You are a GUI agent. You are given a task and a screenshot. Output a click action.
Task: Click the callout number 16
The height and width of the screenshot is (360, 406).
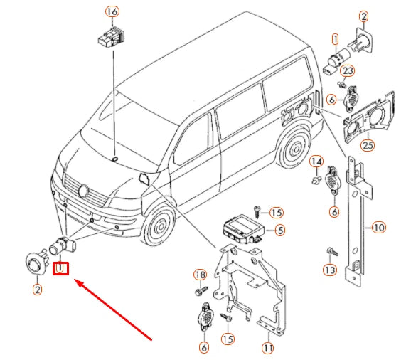coord(112,12)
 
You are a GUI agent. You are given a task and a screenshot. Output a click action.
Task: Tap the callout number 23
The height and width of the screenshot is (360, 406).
coord(348,70)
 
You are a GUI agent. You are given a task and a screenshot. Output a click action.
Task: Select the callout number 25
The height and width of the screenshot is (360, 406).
coord(368,145)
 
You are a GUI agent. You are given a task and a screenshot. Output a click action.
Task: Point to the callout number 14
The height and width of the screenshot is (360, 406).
coord(316,162)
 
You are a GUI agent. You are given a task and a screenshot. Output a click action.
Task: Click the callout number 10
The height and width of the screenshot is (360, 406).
coord(378,228)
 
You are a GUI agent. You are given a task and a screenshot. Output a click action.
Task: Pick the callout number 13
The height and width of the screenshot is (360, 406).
coord(330,270)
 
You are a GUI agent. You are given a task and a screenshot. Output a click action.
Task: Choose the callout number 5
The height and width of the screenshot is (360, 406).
coord(280,230)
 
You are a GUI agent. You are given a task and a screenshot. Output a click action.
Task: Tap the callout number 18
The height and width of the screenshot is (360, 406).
coord(200,275)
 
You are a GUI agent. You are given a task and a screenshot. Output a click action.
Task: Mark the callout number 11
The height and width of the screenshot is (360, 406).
coord(268,349)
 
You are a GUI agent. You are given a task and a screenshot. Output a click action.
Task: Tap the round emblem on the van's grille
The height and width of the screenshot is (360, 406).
coord(84,191)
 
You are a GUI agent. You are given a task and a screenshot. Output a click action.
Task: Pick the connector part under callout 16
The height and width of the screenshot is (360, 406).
coord(111,37)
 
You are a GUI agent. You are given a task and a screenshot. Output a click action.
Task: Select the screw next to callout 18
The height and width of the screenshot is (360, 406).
coord(201,291)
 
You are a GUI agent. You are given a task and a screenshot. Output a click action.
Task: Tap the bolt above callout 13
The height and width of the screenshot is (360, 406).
coord(332,251)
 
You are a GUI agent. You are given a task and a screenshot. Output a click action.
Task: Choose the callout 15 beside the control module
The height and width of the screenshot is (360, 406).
coord(277,213)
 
